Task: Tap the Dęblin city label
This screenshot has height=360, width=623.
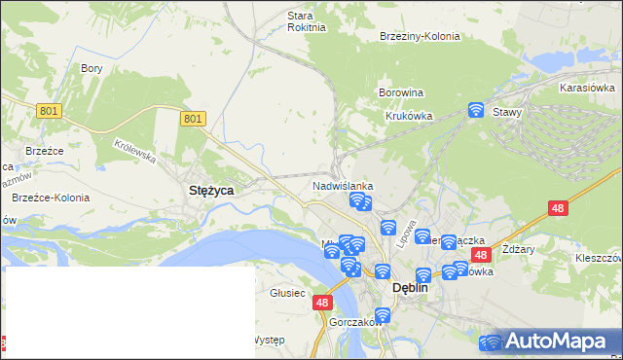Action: point(410,288)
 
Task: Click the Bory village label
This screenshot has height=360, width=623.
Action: point(92,69)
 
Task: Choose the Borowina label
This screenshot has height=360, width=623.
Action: point(400,93)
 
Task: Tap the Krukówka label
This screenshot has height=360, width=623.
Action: point(409,115)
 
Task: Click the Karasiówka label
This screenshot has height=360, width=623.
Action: point(585,88)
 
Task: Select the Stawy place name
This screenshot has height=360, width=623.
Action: point(507,112)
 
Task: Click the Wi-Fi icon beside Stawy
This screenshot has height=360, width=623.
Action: point(476,110)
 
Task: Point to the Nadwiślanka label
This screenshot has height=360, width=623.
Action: point(343,185)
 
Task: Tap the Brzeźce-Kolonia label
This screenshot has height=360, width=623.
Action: point(51,198)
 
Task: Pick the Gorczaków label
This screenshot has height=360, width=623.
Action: point(353,322)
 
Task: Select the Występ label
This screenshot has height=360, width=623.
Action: point(268,340)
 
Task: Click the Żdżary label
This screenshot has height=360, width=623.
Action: point(518,249)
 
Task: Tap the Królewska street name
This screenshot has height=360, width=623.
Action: point(134,150)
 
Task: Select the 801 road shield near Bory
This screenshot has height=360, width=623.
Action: point(50,111)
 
